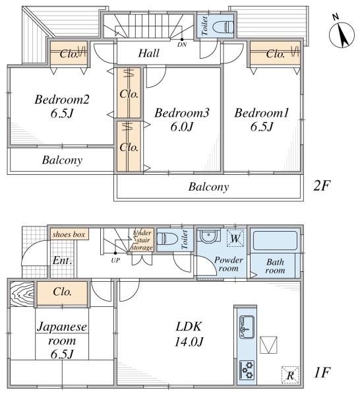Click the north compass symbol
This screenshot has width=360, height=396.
(x=342, y=34)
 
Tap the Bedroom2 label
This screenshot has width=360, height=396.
(x=62, y=99)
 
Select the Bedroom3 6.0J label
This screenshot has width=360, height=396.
(x=181, y=119)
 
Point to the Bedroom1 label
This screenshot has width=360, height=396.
(x=261, y=113)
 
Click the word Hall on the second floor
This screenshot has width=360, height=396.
(x=149, y=53)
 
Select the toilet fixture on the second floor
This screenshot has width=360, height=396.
(x=223, y=27)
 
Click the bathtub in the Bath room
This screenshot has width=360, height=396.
(x=275, y=241)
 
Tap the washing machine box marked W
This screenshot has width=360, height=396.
(x=235, y=238)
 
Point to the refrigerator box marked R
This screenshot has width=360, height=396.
(x=290, y=375)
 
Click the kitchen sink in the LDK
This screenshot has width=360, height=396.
(x=247, y=327)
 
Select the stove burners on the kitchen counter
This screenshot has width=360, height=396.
(x=247, y=370)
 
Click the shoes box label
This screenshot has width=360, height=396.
(x=69, y=234)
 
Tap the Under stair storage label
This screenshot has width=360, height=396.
(x=142, y=240)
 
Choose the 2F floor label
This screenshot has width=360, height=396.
(x=321, y=185)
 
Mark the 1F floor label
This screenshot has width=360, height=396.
(x=322, y=372)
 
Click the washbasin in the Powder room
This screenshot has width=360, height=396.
(x=208, y=236)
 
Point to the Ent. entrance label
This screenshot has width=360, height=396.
(x=63, y=261)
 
